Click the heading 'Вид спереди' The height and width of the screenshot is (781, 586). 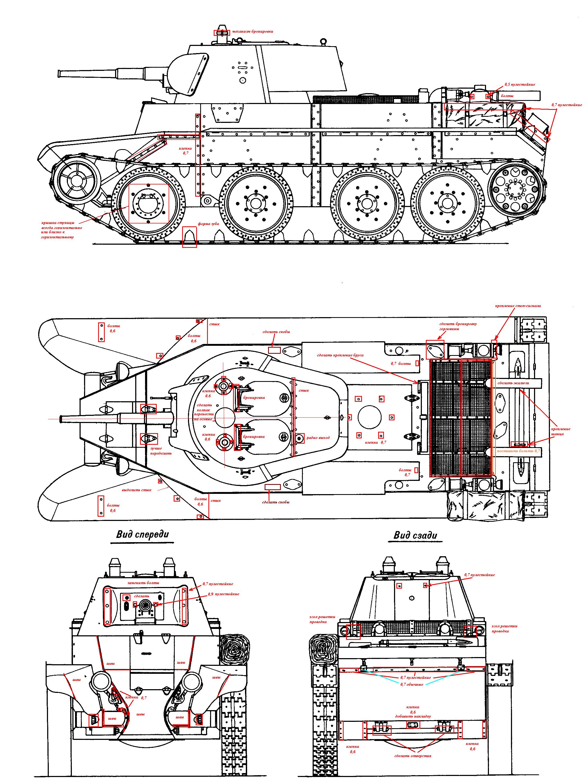pos(143,534)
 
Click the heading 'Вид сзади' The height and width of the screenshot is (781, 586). pos(415,535)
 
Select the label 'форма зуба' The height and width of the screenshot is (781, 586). pos(208,224)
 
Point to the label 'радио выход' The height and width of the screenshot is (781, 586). pos(318,437)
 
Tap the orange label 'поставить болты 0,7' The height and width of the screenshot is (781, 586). pos(519,451)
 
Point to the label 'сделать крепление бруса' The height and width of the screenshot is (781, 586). pos(340,355)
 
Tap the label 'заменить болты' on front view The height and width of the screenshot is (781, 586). pos(143,582)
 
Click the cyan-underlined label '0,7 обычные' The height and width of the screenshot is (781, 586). pos(412,684)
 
